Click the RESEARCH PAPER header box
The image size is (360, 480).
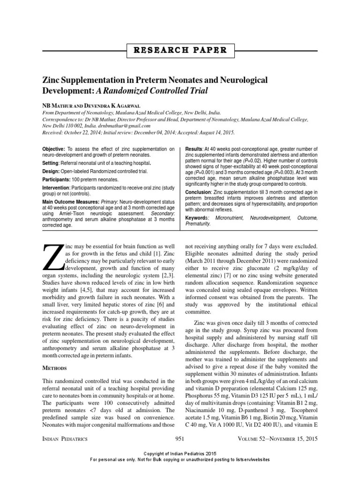[x=180, y=50]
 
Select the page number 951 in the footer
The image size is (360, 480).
[x=180, y=438]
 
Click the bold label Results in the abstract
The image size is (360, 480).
[x=196, y=149]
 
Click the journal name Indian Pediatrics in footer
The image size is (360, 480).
[x=65, y=438]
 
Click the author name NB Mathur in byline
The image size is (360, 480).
[x=59, y=106]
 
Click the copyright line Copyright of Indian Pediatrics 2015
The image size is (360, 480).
[x=180, y=454]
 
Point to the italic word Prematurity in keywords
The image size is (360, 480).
[x=198, y=225]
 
